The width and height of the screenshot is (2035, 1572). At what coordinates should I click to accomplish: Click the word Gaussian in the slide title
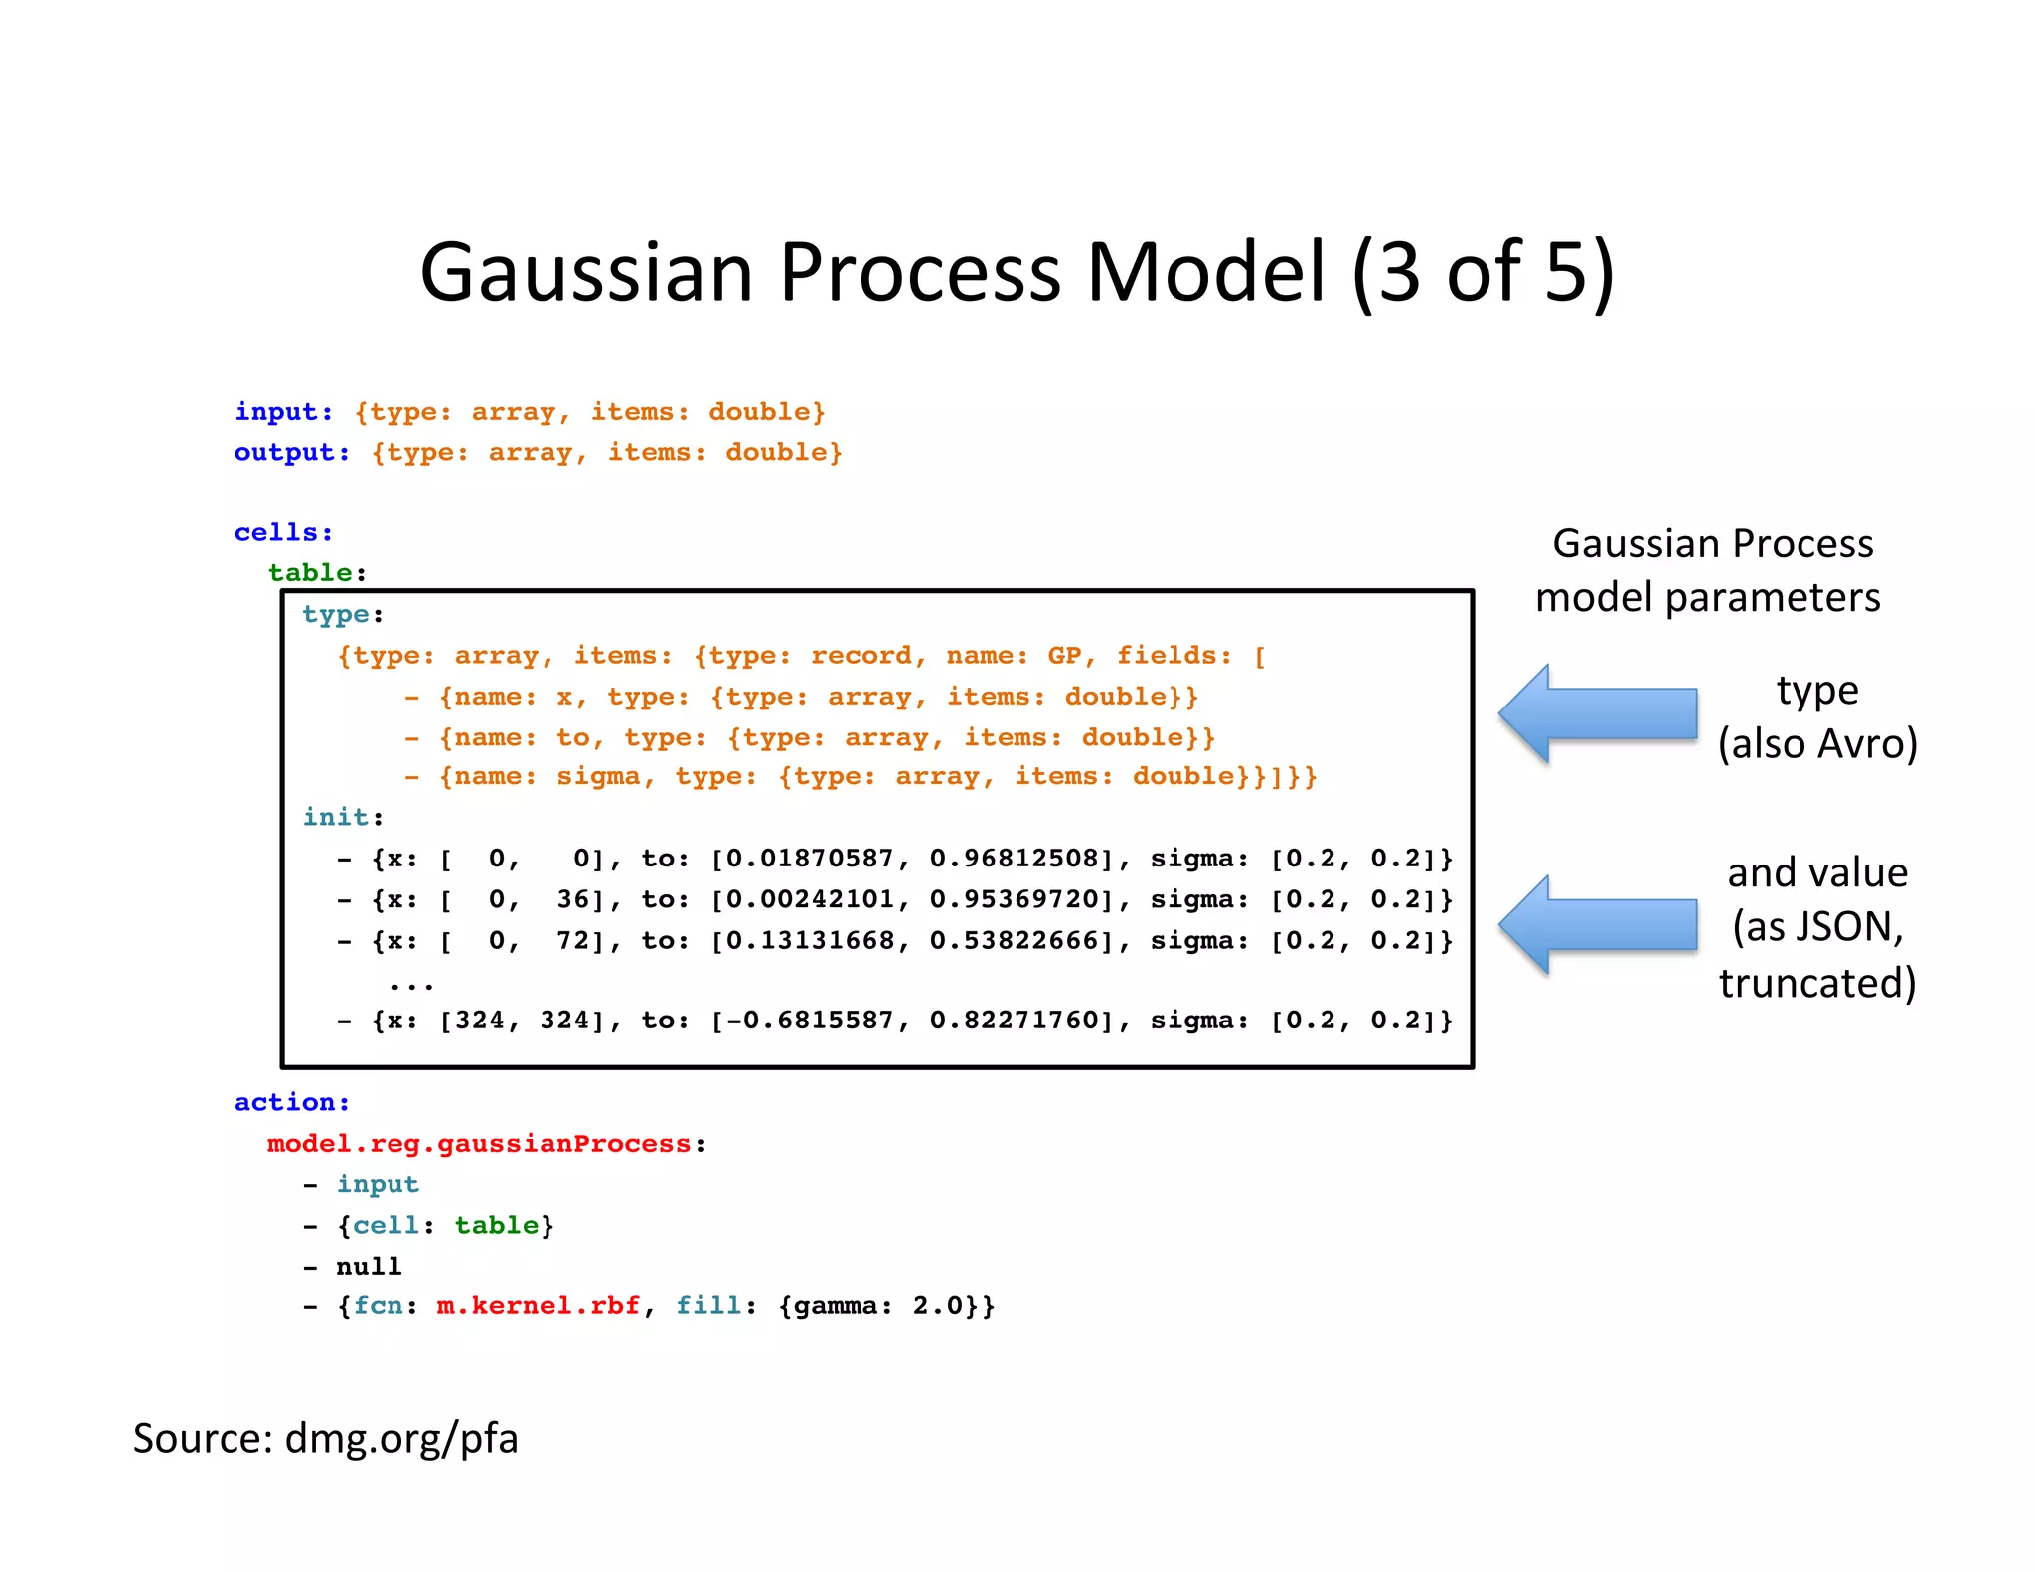coord(586,273)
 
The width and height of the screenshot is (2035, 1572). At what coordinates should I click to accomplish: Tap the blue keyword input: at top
coord(283,412)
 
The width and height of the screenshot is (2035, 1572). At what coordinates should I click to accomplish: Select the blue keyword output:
coord(291,453)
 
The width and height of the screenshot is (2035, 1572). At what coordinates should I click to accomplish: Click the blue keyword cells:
coord(283,533)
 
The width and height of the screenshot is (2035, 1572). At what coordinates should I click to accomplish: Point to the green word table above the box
coord(310,573)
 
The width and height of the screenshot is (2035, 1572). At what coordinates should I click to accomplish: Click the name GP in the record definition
coord(1063,656)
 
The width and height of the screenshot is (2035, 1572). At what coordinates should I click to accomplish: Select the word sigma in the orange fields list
coord(597,776)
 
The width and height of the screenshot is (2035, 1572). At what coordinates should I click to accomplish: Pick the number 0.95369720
coord(1015,900)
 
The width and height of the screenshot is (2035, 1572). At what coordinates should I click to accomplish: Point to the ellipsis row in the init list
coord(411,984)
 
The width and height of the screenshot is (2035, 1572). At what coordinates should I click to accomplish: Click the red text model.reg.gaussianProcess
coord(478,1144)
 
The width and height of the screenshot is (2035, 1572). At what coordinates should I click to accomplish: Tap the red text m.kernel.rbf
coord(538,1306)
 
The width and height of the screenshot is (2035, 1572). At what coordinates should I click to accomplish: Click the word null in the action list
coord(369,1267)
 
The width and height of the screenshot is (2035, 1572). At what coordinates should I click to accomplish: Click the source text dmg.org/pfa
coord(400,1438)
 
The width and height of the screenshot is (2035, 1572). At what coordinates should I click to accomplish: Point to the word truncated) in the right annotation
coord(1816,983)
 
